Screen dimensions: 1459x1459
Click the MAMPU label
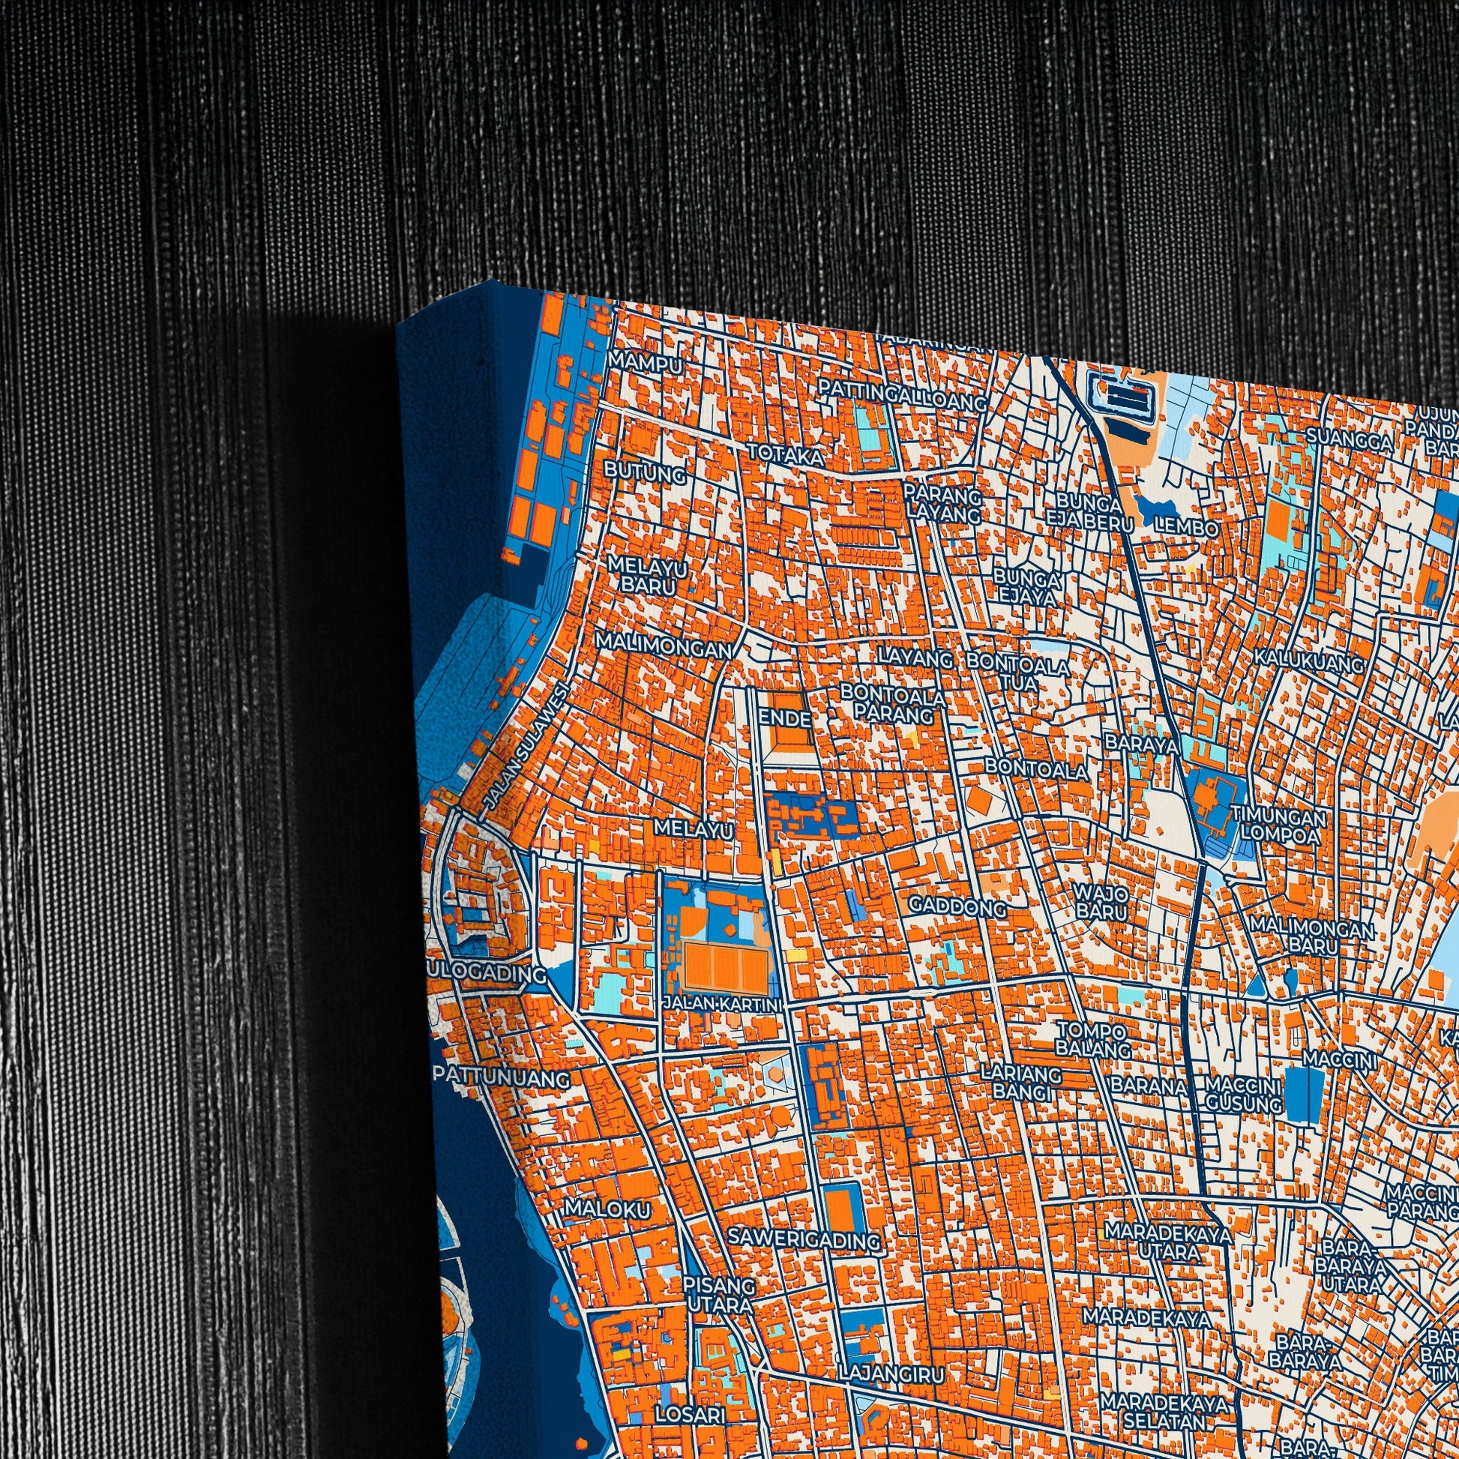pyautogui.click(x=645, y=361)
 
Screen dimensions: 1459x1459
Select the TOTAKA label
pyautogui.click(x=786, y=455)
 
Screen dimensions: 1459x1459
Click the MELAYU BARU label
pyautogui.click(x=644, y=575)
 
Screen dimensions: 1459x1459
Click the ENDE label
pyautogui.click(x=785, y=718)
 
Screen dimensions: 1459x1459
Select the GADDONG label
pyautogui.click(x=957, y=906)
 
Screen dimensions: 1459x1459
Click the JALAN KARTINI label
pyautogui.click(x=722, y=1004)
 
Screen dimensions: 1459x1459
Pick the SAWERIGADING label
pyautogui.click(x=804, y=1239)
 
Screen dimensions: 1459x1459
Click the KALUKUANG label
pyautogui.click(x=1310, y=661)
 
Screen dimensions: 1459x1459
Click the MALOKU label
pyautogui.click(x=607, y=1210)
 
